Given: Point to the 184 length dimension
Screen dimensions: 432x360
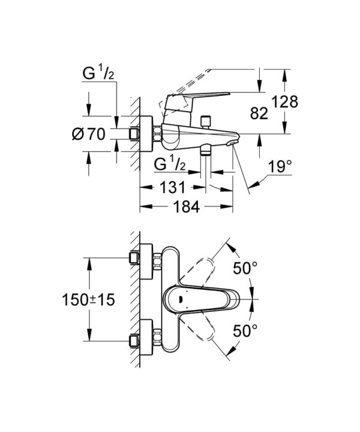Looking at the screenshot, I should [187, 206].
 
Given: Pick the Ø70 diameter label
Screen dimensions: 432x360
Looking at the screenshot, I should [88, 135].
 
